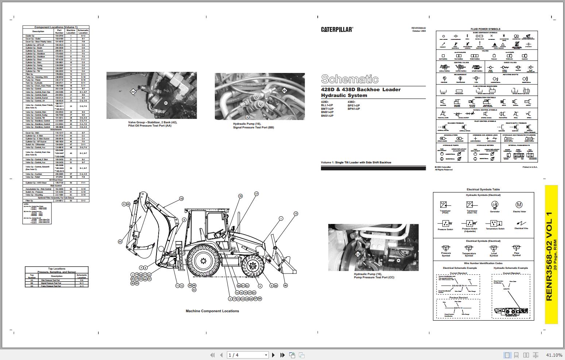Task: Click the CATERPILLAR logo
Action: click(x=337, y=30)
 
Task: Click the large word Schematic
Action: click(x=349, y=79)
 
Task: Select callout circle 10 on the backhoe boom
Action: click(x=181, y=199)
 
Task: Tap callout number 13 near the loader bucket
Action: click(x=295, y=214)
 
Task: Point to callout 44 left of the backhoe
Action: click(x=120, y=241)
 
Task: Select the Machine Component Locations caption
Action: click(x=212, y=311)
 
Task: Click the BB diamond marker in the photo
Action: click(x=284, y=90)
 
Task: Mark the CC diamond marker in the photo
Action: click(x=358, y=255)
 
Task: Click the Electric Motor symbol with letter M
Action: click(x=519, y=205)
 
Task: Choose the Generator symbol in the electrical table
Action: click(x=495, y=205)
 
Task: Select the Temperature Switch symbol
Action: click(x=495, y=223)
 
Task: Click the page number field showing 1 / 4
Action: click(x=247, y=355)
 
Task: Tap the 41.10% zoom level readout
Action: click(x=554, y=355)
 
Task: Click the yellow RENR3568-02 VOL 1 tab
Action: click(x=551, y=255)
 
